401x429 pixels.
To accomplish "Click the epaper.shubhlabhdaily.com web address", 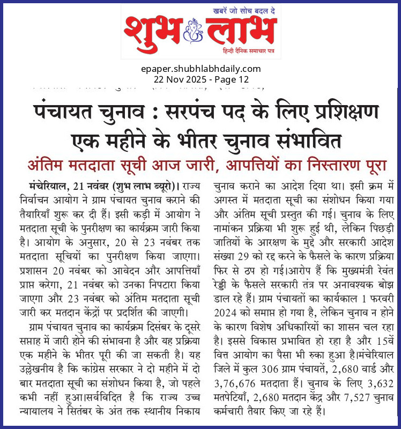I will click(x=202, y=69).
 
